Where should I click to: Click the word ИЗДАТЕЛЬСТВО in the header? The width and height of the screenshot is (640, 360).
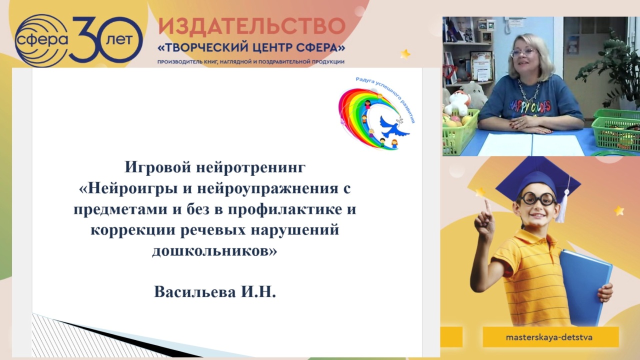pyautogui.click(x=251, y=26)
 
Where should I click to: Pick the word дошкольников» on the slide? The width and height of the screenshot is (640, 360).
pyautogui.click(x=214, y=251)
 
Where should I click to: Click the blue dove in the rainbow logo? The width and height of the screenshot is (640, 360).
pyautogui.click(x=392, y=127)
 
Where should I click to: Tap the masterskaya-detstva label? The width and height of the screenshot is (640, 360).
pyautogui.click(x=549, y=337)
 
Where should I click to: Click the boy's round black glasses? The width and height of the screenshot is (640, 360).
pyautogui.click(x=537, y=198)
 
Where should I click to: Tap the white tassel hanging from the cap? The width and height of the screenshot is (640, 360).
pyautogui.click(x=562, y=210)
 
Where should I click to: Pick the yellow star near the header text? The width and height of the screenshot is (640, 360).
pyautogui.click(x=405, y=53)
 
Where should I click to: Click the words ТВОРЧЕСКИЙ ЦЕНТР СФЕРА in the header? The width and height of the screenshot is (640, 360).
pyautogui.click(x=251, y=48)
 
